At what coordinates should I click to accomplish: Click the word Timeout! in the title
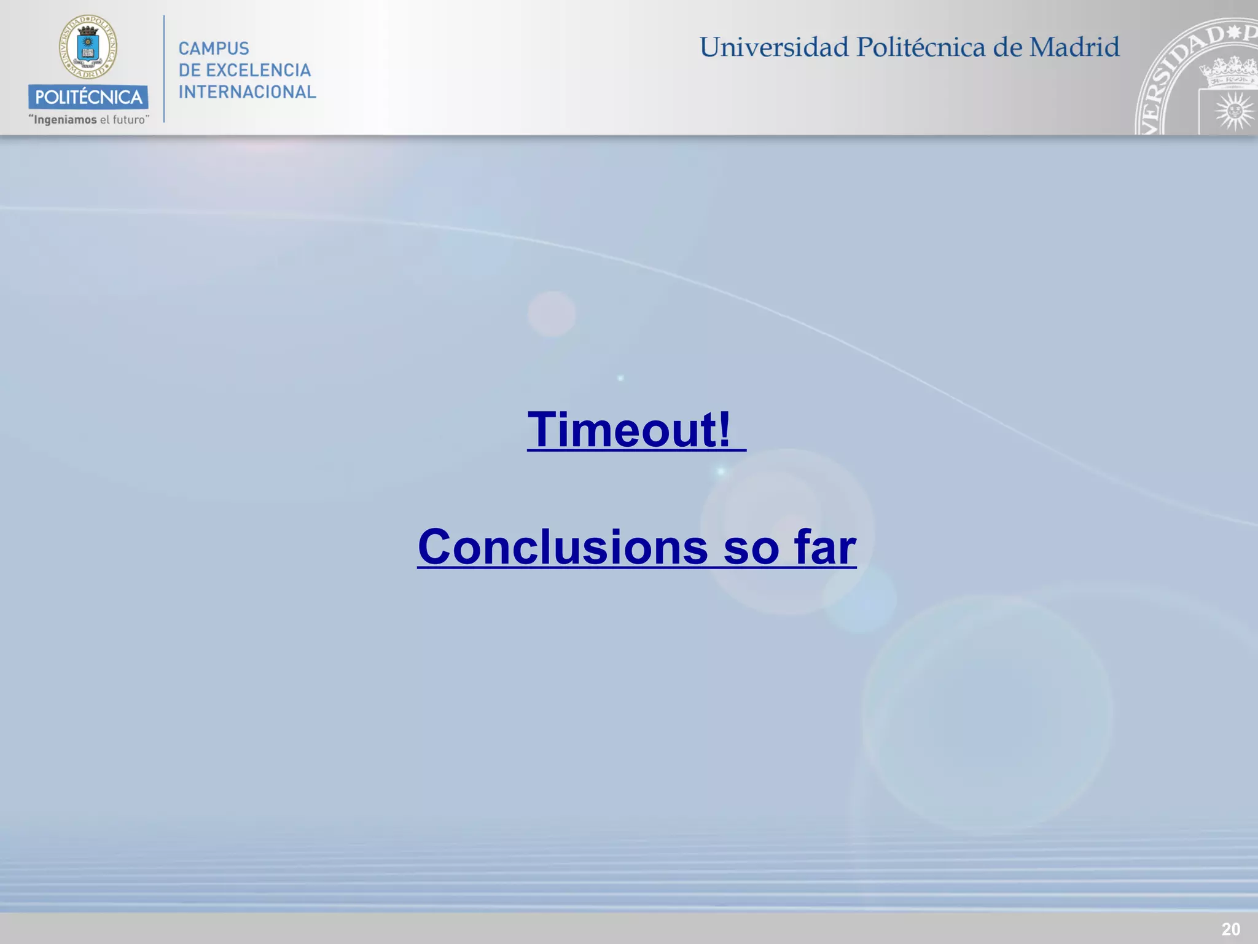629,430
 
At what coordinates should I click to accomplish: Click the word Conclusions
562,546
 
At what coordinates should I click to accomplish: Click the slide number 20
1230,929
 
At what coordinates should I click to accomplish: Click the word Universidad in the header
773,47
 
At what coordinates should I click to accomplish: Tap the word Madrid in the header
1074,47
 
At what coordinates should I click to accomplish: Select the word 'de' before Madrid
1007,47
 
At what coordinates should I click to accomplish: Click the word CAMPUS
214,49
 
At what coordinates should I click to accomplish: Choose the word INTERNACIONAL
247,92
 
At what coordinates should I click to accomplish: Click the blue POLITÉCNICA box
88,96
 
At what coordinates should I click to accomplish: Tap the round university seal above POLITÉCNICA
88,47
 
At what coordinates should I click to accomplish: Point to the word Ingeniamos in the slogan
65,120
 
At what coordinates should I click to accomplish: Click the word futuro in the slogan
128,120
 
